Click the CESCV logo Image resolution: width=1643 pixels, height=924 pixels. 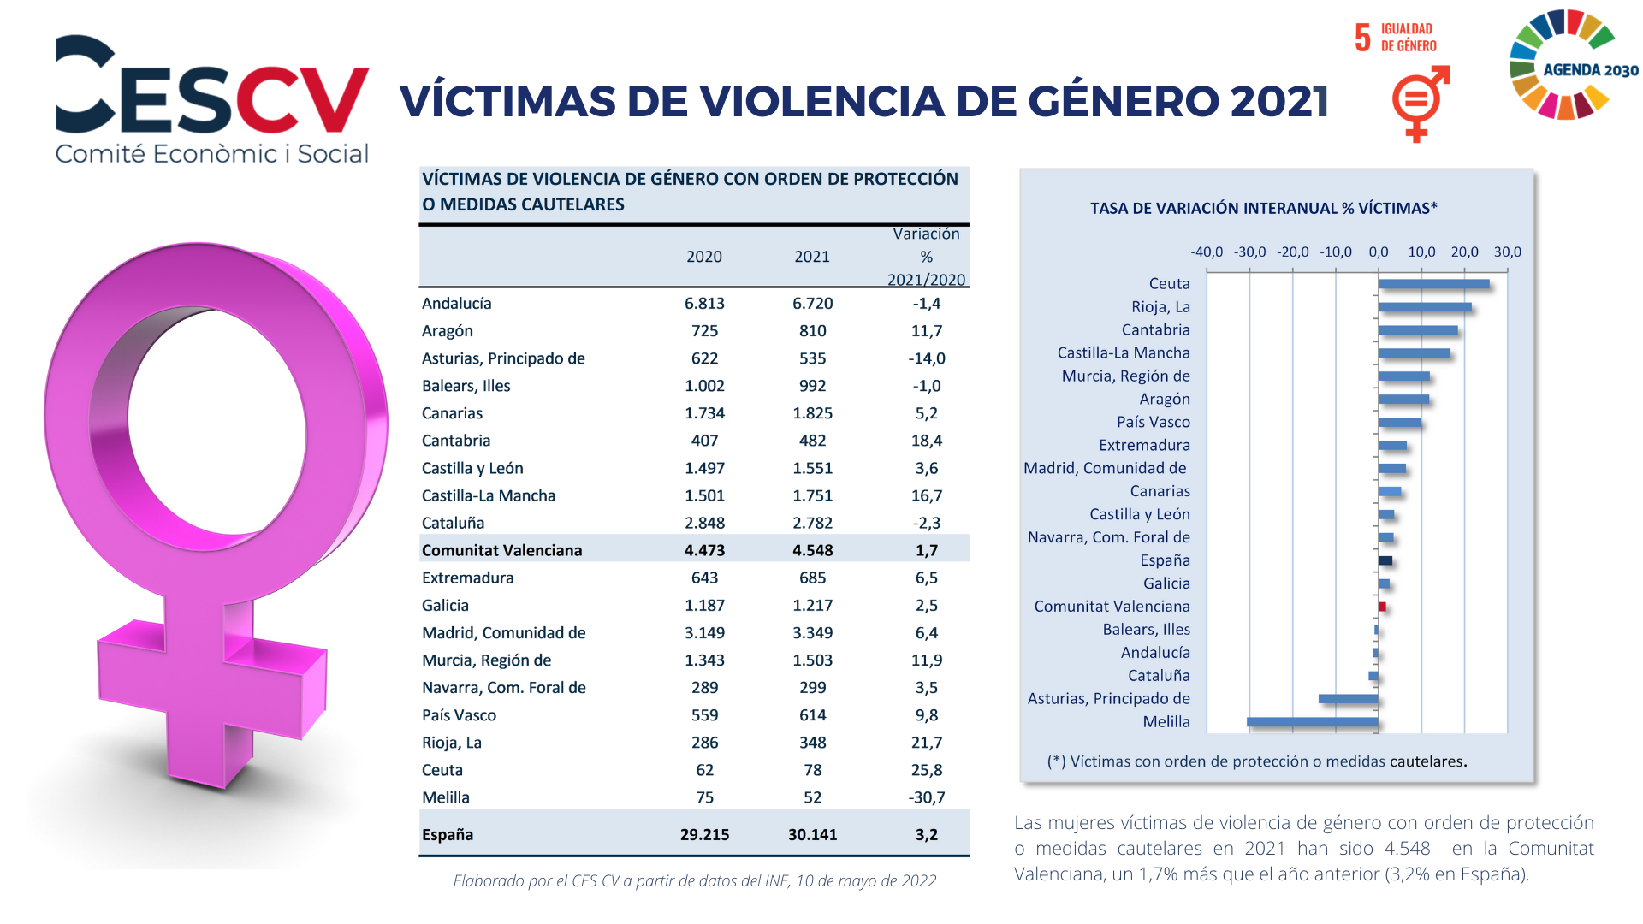pyautogui.click(x=212, y=98)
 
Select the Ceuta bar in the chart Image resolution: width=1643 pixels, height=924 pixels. pyautogui.click(x=1434, y=284)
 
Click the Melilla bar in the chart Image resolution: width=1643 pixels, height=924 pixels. pyautogui.click(x=1313, y=722)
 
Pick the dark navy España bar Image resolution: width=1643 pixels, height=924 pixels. pyautogui.click(x=1385, y=560)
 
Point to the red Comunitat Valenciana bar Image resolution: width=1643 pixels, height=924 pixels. pyautogui.click(x=1382, y=607)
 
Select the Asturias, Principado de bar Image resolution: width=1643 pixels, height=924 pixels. pyautogui.click(x=1349, y=699)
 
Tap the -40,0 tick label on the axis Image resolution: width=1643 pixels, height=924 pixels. pyautogui.click(x=1207, y=252)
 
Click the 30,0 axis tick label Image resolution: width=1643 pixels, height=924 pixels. pyautogui.click(x=1508, y=252)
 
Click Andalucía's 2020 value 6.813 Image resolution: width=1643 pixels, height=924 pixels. pyautogui.click(x=704, y=304)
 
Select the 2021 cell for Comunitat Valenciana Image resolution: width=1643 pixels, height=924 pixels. pyautogui.click(x=812, y=550)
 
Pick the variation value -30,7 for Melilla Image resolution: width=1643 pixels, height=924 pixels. pyautogui.click(x=927, y=797)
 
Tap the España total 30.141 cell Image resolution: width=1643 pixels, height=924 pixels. pyautogui.click(x=812, y=834)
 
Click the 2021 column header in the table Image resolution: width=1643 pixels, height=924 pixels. pyautogui.click(x=812, y=257)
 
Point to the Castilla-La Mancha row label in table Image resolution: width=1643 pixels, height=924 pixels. pyautogui.click(x=489, y=495)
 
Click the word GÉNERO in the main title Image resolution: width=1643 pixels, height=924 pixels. pyautogui.click(x=1123, y=101)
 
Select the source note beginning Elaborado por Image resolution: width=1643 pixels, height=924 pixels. pyautogui.click(x=695, y=880)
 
